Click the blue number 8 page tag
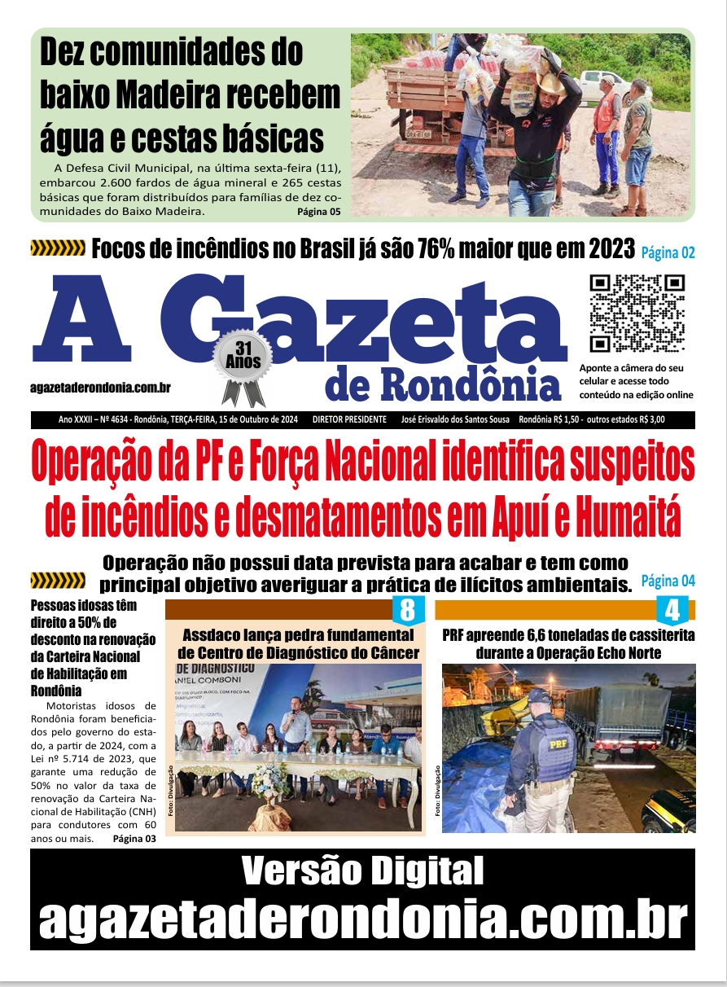point(408,610)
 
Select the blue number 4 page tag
point(672,610)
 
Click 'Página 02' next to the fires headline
point(668,252)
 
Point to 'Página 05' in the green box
point(318,212)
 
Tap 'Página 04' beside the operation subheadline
point(668,581)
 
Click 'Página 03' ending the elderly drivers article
point(134,838)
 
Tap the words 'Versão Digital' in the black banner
point(363,872)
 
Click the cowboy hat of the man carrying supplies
point(552,84)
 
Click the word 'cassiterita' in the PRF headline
point(649,635)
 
